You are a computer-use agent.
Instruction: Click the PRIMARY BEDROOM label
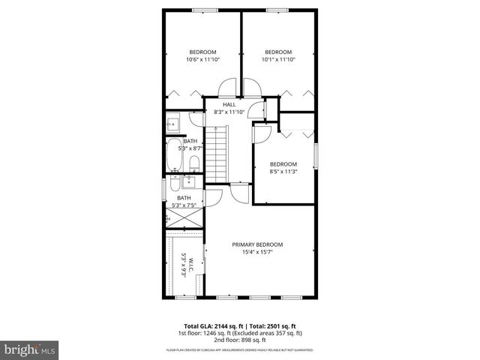tap(256, 244)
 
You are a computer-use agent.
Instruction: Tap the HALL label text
tap(229, 104)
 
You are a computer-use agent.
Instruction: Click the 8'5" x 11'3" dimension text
tap(283, 172)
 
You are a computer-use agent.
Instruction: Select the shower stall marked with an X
tap(183, 218)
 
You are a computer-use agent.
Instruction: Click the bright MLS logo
tap(29, 349)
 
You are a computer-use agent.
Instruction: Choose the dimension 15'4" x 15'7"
tap(256, 252)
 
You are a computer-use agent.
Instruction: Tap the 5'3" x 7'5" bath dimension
tap(184, 205)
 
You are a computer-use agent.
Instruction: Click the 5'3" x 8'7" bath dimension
tap(190, 148)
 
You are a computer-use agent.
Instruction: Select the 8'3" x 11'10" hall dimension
tap(229, 112)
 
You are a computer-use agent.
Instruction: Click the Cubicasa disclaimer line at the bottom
tap(240, 349)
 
